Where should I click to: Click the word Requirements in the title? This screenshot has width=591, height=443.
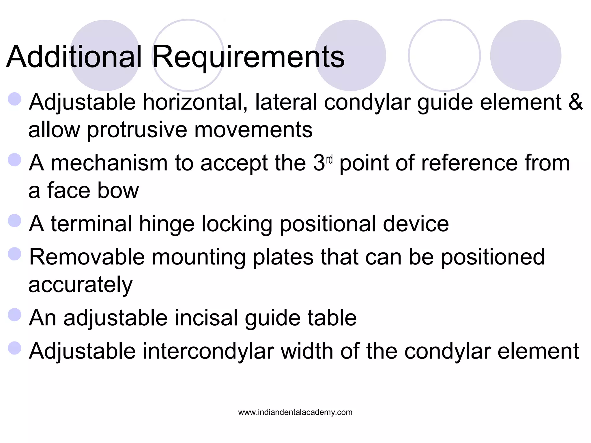pos(248,57)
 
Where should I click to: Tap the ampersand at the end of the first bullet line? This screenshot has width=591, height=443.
pos(575,102)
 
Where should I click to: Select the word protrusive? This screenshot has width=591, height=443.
pos(137,130)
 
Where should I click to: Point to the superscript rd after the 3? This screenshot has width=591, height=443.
pos(329,159)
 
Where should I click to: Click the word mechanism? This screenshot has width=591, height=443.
pos(109,163)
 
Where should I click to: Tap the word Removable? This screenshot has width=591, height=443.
pos(87,257)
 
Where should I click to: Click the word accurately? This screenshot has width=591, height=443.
pos(81,285)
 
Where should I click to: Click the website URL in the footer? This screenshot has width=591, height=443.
pos(295,412)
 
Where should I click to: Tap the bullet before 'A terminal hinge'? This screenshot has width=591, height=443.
pos(15,221)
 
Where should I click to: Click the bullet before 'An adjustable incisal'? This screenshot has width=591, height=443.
pos(15,315)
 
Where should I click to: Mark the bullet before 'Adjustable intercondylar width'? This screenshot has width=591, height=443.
pos(15,348)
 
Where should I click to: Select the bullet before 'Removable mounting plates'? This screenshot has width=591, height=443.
pos(15,254)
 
